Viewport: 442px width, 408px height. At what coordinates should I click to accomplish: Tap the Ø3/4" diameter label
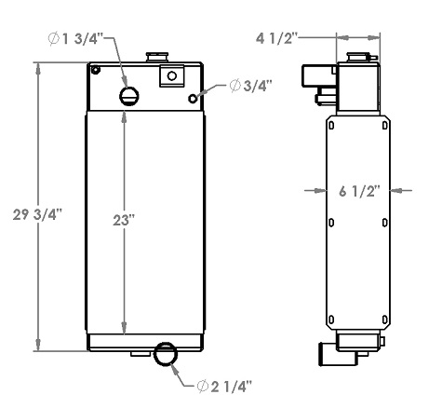point(249,86)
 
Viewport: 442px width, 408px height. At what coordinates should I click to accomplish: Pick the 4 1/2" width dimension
point(276,38)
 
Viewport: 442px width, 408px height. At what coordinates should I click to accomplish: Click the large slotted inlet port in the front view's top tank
point(129,96)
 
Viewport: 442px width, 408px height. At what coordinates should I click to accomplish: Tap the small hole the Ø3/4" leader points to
point(193,98)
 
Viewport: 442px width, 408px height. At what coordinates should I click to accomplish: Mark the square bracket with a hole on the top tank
point(172,76)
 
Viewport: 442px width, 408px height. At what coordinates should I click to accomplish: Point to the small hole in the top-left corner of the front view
point(96,71)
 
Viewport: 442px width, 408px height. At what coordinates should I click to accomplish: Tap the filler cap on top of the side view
point(358,58)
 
